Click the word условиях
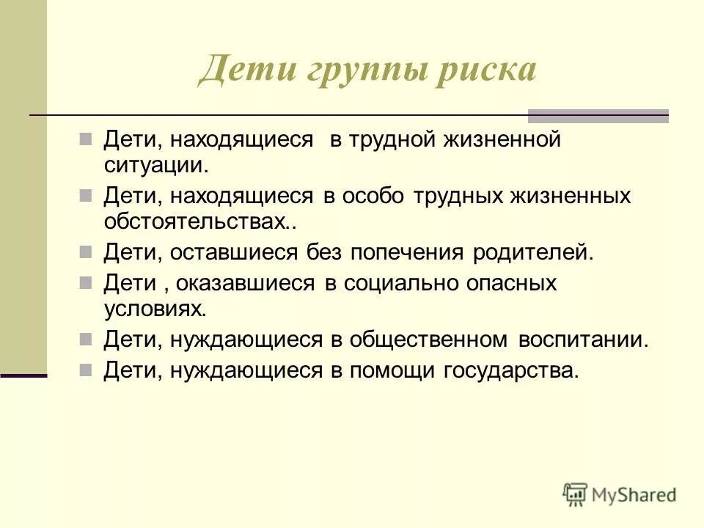pyautogui.click(x=154, y=308)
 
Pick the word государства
pyautogui.click(x=511, y=370)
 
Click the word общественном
pyautogui.click(x=429, y=340)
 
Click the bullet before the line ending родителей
pyautogui.click(x=86, y=252)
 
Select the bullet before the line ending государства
pyautogui.click(x=86, y=369)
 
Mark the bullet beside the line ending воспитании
pyautogui.click(x=86, y=339)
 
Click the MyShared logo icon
pyautogui.click(x=575, y=494)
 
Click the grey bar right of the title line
pyautogui.click(x=598, y=115)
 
